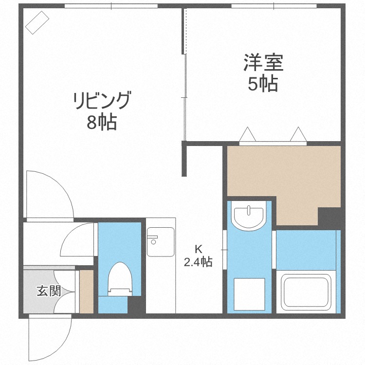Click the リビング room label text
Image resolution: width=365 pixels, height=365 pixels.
click(102, 101)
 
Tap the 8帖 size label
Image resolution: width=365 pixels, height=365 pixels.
click(102, 123)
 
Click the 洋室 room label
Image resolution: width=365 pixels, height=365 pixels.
click(263, 63)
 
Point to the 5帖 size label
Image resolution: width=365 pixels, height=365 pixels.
click(263, 84)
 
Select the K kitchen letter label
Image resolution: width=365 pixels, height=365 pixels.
click(198, 248)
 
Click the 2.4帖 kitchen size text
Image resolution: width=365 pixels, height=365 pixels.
click(198, 262)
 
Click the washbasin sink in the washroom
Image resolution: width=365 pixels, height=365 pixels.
click(249, 216)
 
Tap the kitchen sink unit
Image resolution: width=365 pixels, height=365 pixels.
click(160, 241)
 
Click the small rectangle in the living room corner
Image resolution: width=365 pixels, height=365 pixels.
click(37, 22)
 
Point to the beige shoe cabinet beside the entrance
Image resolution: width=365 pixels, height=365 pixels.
click(86, 292)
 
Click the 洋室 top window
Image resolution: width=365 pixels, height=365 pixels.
click(274, 6)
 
